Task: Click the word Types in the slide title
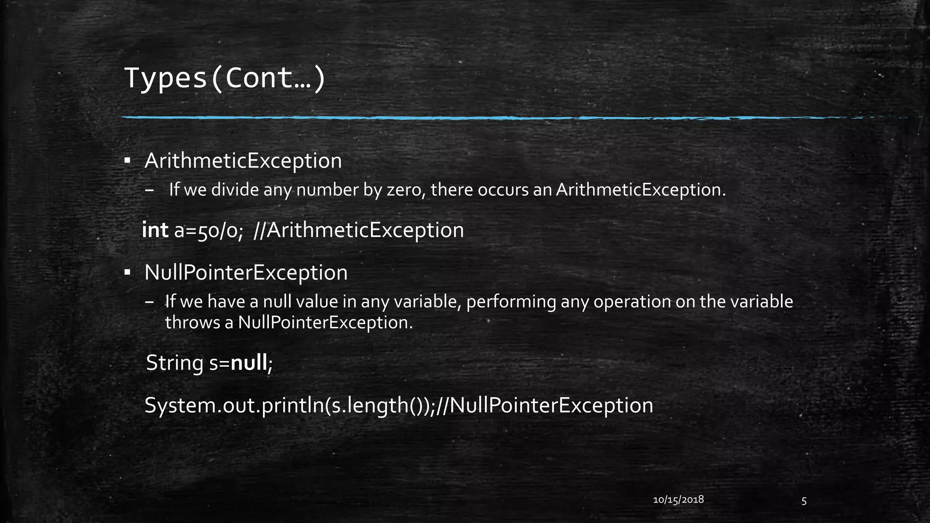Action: pyautogui.click(x=165, y=78)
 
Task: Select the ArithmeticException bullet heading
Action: pyautogui.click(x=243, y=161)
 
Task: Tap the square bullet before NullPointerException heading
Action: pyautogui.click(x=128, y=273)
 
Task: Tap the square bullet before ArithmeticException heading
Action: pyautogui.click(x=128, y=161)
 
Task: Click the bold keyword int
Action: pyautogui.click(x=155, y=230)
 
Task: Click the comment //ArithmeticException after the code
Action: pyautogui.click(x=359, y=231)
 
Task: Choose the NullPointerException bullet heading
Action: pyautogui.click(x=246, y=273)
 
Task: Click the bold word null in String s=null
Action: pyautogui.click(x=249, y=363)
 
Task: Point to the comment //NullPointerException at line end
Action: pyautogui.click(x=544, y=405)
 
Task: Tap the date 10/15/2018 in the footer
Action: pyautogui.click(x=678, y=500)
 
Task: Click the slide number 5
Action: pyautogui.click(x=804, y=501)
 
